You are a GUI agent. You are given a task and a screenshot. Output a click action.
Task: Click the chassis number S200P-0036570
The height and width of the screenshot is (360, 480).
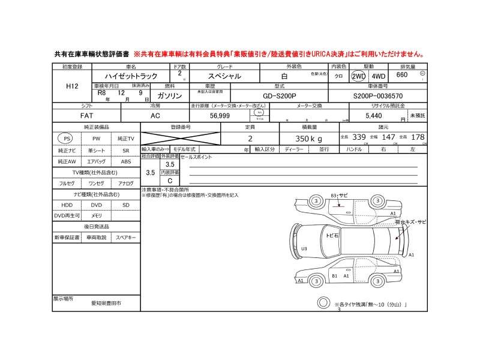(378, 95)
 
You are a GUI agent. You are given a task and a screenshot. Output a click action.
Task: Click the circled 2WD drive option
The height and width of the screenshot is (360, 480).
(359, 76)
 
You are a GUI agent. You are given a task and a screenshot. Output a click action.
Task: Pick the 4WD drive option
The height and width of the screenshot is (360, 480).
(379, 76)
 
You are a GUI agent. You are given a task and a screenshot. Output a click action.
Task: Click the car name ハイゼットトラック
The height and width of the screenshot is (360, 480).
(131, 76)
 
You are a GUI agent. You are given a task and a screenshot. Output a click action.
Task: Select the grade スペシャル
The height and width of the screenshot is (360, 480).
(224, 76)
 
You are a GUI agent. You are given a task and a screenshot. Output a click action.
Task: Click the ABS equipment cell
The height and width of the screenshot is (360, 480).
(125, 162)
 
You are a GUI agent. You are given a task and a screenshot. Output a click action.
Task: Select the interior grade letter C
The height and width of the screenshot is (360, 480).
(170, 181)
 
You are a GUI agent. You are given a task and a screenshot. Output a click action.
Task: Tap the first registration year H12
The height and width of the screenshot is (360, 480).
(71, 86)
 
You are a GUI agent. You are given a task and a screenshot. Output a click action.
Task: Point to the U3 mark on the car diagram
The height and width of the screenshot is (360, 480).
(304, 248)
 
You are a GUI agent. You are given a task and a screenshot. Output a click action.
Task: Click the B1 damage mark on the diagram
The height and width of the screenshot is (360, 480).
(335, 276)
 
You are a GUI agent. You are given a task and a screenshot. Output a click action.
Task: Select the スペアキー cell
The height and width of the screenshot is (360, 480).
(125, 238)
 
